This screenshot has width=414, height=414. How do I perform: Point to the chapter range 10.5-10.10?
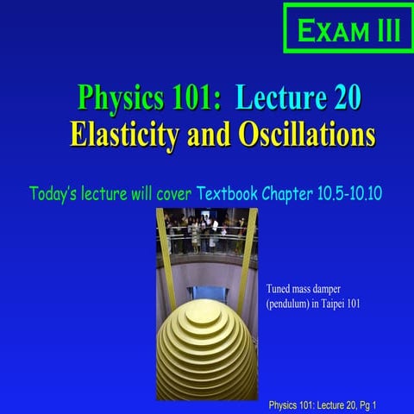(x=353, y=190)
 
